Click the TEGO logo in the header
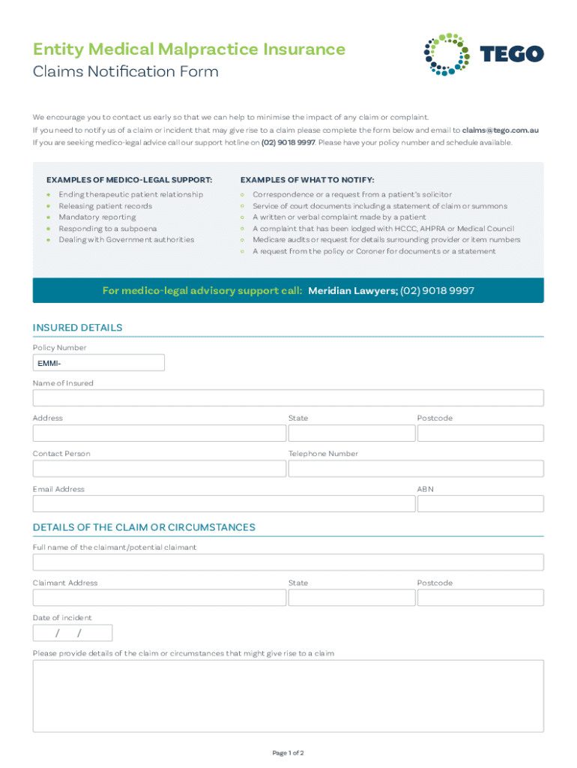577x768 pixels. coord(483,54)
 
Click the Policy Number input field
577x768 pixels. coord(98,363)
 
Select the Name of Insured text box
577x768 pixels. coord(288,398)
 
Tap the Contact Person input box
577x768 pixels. coord(159,469)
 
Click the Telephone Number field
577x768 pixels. coord(416,469)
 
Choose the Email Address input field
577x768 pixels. coord(223,503)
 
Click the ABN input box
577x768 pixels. coord(480,503)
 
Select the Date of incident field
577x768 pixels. coord(72,633)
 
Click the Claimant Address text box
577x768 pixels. coord(159,598)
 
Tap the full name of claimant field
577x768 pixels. coord(288,562)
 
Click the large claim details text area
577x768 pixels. coord(288,695)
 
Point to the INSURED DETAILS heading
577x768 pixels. coord(78,328)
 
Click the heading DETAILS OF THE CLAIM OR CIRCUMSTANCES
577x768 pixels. coord(144,527)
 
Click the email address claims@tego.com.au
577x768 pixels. coord(501,130)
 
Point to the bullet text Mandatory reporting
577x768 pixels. coord(97,217)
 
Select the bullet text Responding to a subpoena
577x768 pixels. coord(108,228)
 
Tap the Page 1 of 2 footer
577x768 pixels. coord(288,752)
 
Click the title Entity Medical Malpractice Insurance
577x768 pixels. coord(189,49)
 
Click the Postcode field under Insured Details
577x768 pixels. coord(480,433)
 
